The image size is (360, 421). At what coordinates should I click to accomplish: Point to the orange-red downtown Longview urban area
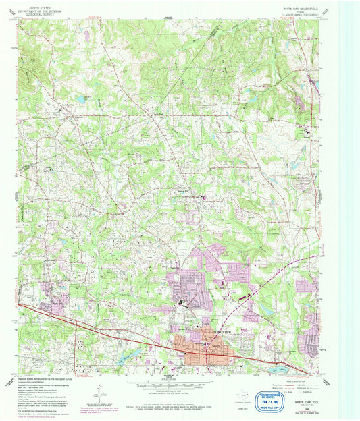203,344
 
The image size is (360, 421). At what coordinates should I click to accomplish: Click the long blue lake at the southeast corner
280,368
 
